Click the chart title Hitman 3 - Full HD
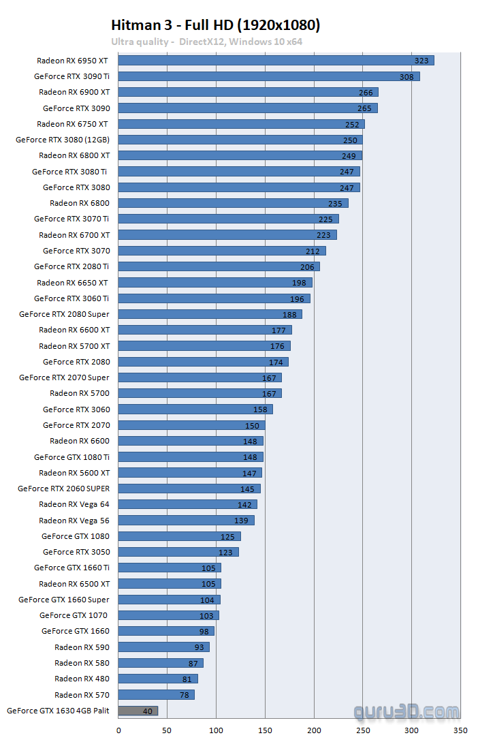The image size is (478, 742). coord(215,25)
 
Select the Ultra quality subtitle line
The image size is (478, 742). coord(206,42)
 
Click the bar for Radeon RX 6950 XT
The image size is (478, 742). coord(276,61)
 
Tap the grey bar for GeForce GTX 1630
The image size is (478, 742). coord(138,711)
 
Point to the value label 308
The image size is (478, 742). coord(407,77)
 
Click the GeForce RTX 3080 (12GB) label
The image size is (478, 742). coord(63,140)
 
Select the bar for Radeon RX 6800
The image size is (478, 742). coord(233,203)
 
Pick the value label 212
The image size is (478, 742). coord(313,251)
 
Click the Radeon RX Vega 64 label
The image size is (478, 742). coord(74,504)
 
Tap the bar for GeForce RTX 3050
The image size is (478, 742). coord(178,552)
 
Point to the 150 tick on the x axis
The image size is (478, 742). coord(265,730)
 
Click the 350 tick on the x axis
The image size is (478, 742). coord(461,730)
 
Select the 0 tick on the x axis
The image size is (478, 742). coord(118,730)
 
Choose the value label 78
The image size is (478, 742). coord(185,695)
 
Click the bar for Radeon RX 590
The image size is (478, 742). coord(163,647)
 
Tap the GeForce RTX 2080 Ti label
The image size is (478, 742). coord(71,266)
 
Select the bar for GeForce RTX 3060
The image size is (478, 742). coord(195,409)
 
